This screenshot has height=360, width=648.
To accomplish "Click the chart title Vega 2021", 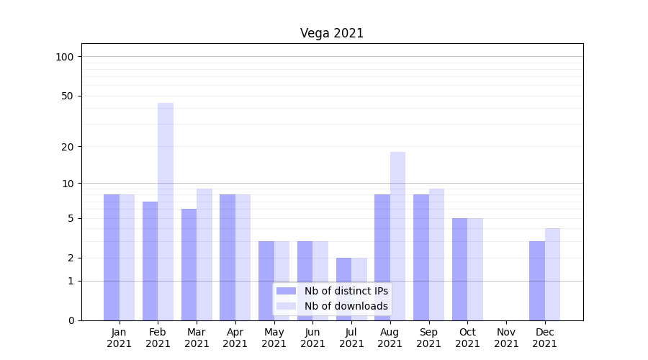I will (332, 34).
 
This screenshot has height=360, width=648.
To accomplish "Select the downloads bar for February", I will (166, 212).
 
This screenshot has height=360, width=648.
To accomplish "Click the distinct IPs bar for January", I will (112, 257).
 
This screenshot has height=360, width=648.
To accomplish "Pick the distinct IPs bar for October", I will (459, 269).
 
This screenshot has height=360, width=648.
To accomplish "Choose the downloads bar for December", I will (552, 274).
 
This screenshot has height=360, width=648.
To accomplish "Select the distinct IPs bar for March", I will (189, 264).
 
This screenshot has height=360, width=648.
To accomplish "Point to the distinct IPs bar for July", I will (343, 289).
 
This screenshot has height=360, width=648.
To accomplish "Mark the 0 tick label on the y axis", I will (71, 320).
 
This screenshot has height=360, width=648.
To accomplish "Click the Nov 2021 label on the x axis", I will (506, 338).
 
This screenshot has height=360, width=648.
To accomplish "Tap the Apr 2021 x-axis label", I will (235, 338).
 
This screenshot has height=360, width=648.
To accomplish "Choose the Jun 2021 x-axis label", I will (312, 338).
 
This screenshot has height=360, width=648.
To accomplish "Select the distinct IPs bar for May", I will (266, 281).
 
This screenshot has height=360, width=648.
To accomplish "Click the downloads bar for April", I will (243, 257).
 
